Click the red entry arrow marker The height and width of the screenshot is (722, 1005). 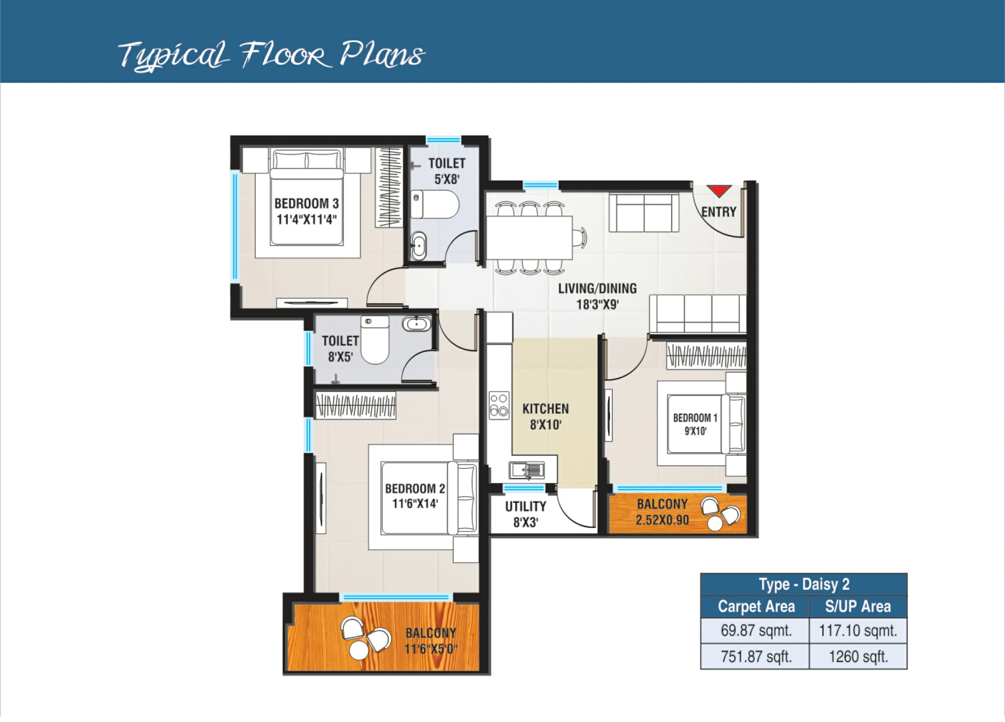click(x=719, y=191)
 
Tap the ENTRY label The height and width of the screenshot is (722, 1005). click(x=718, y=212)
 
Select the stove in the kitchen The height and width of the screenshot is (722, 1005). click(x=499, y=405)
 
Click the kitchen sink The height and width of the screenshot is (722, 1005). click(x=527, y=470)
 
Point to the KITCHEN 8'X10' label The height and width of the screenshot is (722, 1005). click(x=545, y=417)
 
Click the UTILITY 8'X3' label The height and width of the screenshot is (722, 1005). click(x=526, y=514)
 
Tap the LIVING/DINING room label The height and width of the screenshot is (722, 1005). click(x=597, y=296)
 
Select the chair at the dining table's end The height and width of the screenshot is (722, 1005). click(x=579, y=237)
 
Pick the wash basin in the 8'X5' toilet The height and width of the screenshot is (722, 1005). click(x=417, y=324)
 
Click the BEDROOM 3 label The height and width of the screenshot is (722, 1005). click(x=306, y=203)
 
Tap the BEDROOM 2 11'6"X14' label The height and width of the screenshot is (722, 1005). click(x=415, y=496)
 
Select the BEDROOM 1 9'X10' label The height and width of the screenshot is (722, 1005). click(x=695, y=424)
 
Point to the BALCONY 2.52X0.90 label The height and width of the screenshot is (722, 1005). click(x=662, y=512)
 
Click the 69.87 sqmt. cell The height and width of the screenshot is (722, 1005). click(x=756, y=630)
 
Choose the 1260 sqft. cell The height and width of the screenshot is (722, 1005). click(x=858, y=656)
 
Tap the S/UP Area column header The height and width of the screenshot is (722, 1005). click(x=858, y=606)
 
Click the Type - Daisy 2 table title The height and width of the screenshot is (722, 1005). click(x=804, y=584)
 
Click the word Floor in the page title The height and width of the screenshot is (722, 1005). click(x=285, y=55)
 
